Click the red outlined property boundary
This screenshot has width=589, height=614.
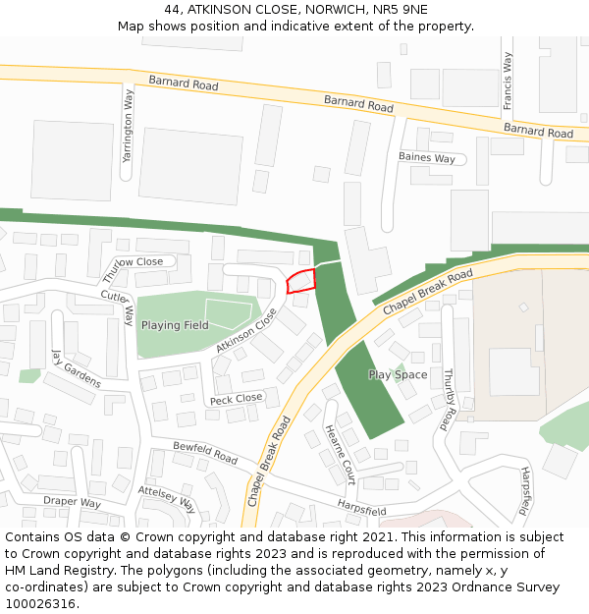pos(300,282)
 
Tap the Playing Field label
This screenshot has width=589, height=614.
pos(175,325)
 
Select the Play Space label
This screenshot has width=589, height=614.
pos(398,374)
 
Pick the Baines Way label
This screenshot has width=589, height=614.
pos(427,158)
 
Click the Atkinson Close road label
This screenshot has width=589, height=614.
pos(247,331)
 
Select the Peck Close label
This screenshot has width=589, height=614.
pos(236,398)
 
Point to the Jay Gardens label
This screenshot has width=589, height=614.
pos(77,369)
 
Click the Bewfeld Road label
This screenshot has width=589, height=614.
pos(205,452)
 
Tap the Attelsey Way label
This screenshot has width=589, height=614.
pos(167,499)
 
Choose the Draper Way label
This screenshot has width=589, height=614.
pos(72,502)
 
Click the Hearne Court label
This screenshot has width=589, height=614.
pos(339,455)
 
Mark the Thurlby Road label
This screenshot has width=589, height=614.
pos(450,398)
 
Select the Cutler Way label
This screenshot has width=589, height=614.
pos(118,306)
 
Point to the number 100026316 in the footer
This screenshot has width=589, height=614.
pos(39,604)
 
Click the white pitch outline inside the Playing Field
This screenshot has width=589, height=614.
pos(229,313)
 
